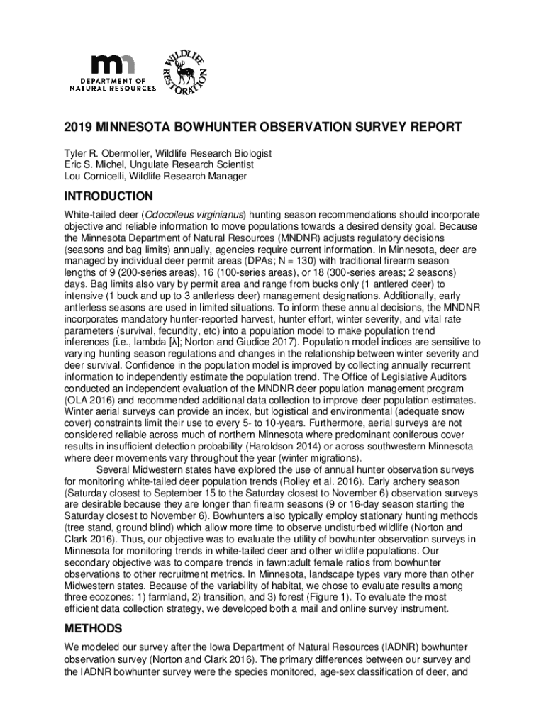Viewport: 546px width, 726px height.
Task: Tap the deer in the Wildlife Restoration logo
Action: tap(185, 70)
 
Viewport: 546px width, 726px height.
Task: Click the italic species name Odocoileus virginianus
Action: tap(194, 214)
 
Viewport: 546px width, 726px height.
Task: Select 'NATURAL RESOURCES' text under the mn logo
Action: tap(113, 89)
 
